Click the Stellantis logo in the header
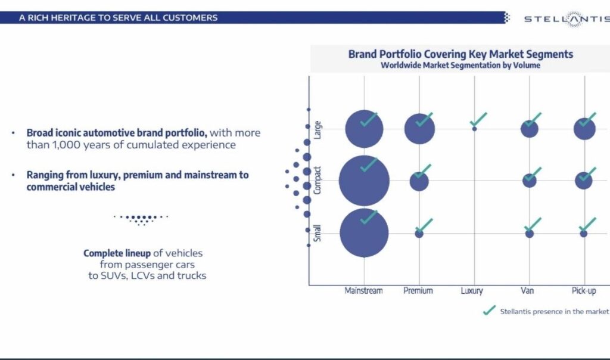(x=565, y=18)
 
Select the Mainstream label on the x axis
(x=363, y=291)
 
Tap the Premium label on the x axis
(x=418, y=291)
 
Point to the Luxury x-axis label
(x=472, y=291)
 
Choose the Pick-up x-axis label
(x=584, y=291)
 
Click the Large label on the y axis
(x=318, y=129)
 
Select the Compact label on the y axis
(x=318, y=181)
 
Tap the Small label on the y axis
(x=318, y=233)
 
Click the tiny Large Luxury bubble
(x=474, y=129)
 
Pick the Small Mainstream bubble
(x=364, y=233)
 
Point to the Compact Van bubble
(x=529, y=180)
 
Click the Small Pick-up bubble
(x=584, y=234)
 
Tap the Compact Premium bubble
(x=419, y=181)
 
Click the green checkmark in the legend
(x=489, y=311)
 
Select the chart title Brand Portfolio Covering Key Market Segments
(x=460, y=54)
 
